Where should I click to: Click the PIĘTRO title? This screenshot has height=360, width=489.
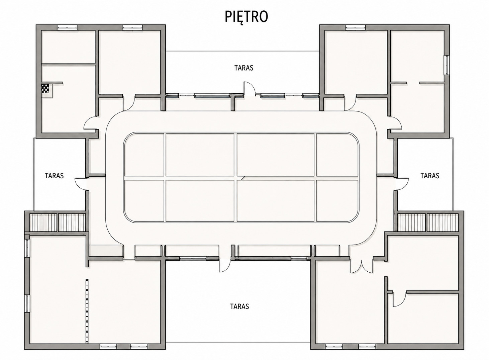[x=246, y=17]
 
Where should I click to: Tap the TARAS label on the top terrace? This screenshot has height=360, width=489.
[x=244, y=68]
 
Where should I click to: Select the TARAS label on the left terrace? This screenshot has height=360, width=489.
[x=55, y=176]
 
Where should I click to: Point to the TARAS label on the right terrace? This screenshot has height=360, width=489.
[x=430, y=176]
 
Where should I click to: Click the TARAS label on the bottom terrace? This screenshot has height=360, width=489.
[x=239, y=306]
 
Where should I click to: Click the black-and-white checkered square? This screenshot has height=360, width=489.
[x=45, y=89]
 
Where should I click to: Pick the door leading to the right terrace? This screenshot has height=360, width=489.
[x=402, y=184]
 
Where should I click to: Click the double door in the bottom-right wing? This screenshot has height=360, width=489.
[x=361, y=266]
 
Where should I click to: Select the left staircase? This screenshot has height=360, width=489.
[x=58, y=222]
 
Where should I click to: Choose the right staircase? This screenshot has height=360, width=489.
[x=428, y=222]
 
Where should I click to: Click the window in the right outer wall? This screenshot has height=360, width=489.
[x=447, y=65]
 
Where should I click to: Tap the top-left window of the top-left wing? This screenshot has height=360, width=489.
[x=67, y=27]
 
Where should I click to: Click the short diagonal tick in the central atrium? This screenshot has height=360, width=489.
[x=242, y=178]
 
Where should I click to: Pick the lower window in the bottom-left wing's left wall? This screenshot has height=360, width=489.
[x=27, y=303]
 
